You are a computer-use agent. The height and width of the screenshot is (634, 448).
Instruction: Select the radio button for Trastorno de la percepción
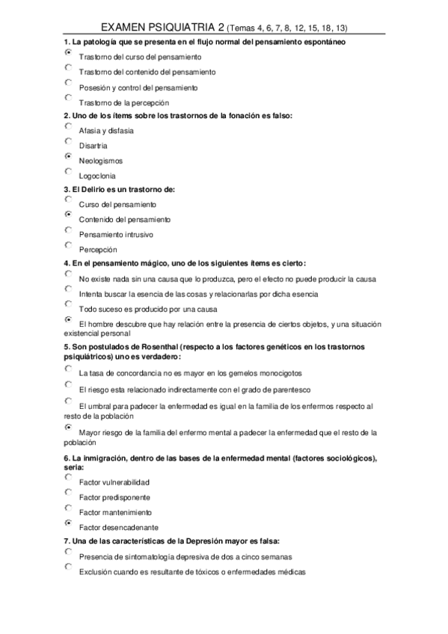click(69, 97)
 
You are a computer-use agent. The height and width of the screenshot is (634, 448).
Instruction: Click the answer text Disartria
click(93, 146)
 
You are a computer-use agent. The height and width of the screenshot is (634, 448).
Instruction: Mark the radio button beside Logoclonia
click(69, 171)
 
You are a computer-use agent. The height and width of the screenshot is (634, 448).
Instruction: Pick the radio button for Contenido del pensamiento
click(69, 215)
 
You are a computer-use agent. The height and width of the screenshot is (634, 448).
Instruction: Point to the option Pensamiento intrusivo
click(116, 235)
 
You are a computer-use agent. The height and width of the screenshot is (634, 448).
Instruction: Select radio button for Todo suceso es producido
click(69, 304)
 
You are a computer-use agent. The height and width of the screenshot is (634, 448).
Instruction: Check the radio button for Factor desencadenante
click(69, 523)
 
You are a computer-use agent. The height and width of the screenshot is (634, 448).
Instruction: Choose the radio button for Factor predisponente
click(69, 493)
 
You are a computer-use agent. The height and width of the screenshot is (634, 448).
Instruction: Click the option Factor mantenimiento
click(115, 512)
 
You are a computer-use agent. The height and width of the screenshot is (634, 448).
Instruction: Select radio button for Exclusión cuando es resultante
click(69, 567)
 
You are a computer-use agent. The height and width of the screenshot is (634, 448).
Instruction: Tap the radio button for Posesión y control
click(69, 83)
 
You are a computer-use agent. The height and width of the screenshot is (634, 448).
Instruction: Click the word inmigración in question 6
click(100, 458)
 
